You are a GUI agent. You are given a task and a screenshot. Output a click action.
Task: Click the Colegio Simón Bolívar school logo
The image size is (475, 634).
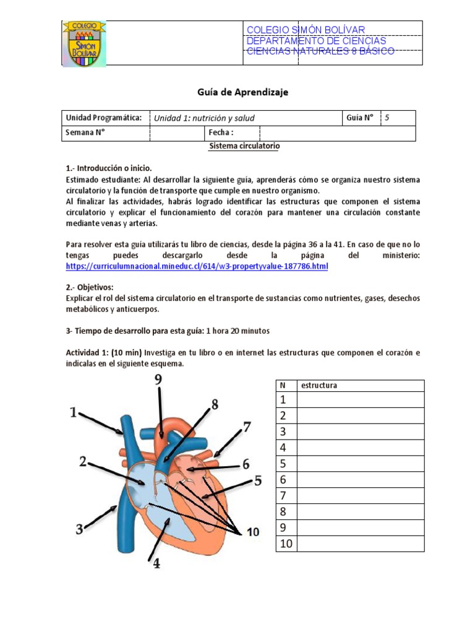tap(84, 43)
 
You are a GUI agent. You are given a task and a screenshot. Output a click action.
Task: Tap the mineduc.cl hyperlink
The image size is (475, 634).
tap(197, 266)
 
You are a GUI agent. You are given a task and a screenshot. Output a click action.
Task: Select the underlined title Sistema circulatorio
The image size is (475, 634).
tap(244, 146)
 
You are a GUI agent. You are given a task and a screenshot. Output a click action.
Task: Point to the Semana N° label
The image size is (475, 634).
tap(85, 133)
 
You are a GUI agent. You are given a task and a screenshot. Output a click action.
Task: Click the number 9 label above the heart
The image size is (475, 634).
tap(158, 380)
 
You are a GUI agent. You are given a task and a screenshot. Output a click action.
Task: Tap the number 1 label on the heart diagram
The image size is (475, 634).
tap(74, 412)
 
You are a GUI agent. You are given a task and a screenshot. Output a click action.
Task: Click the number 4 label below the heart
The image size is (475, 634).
tap(156, 564)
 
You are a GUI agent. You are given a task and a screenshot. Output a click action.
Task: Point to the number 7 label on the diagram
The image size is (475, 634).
tap(247, 427)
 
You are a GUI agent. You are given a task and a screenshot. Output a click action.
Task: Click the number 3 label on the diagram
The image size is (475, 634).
tap(79, 529)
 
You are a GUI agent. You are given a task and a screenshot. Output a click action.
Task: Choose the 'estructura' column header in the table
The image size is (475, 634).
tap(319, 386)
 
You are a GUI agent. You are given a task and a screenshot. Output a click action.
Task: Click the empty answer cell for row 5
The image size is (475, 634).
tap(360, 464)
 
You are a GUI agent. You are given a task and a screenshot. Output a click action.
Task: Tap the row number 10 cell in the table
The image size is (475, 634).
tap(285, 544)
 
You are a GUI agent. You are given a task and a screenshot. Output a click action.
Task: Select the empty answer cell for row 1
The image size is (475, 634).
tap(360, 399)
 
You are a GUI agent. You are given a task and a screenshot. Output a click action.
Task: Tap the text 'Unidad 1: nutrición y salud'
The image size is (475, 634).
tap(204, 118)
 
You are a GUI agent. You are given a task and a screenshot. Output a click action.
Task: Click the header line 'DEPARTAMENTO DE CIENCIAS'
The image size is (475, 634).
tap(316, 41)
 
